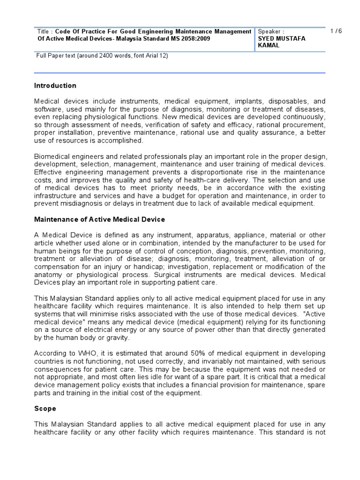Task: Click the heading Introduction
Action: point(55,85)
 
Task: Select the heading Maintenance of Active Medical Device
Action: point(99,219)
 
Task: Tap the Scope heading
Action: point(45,408)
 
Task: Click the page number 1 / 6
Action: point(336,31)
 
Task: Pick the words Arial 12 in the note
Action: point(153,56)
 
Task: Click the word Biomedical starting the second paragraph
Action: point(53,156)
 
